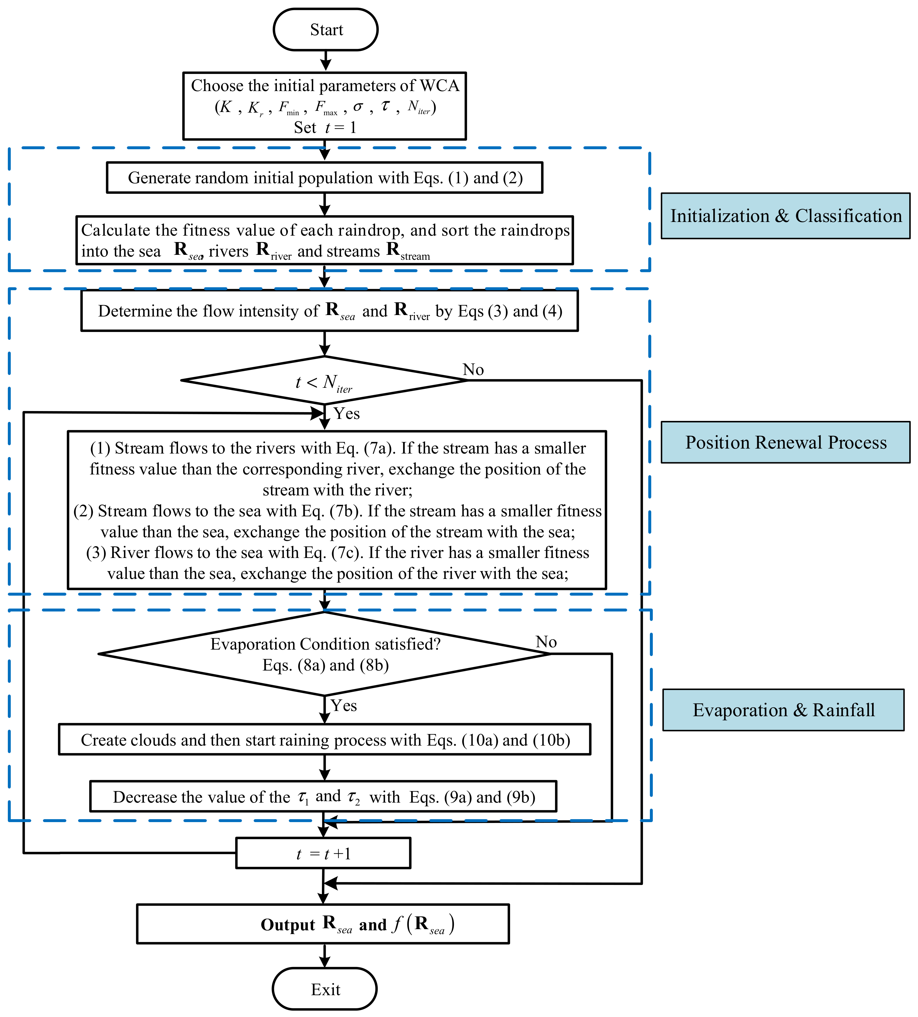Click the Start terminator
[326, 30]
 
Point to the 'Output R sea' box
[323, 924]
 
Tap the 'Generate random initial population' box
[324, 177]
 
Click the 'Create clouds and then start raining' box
[324, 739]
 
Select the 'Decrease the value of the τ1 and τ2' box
[323, 796]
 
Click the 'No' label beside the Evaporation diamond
[546, 642]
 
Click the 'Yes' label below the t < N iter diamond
[347, 414]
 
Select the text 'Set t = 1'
[325, 128]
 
